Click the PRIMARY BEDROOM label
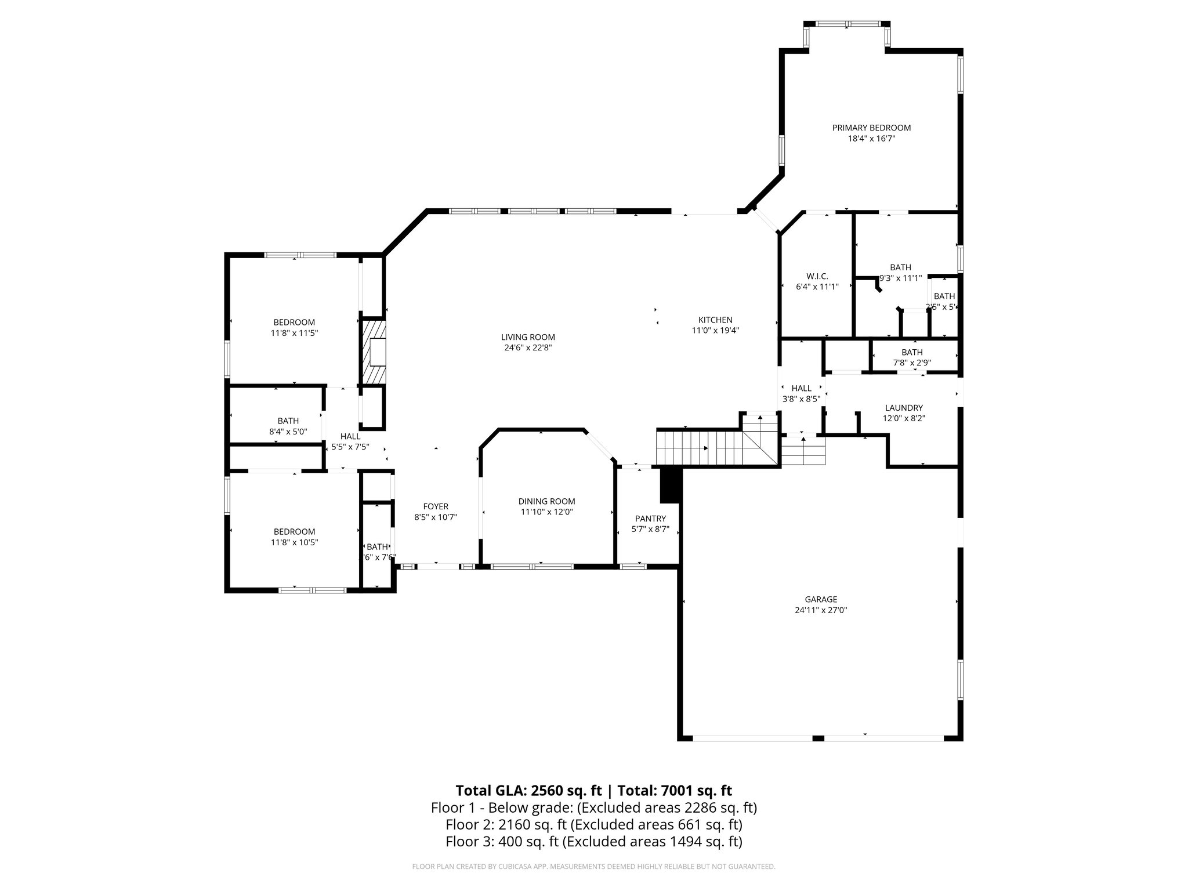click(x=871, y=128)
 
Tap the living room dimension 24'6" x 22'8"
click(x=528, y=348)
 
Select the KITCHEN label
click(x=715, y=320)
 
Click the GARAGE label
click(x=821, y=599)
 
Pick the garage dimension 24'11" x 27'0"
click(x=821, y=610)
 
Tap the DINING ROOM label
click(x=546, y=501)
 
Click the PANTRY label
click(x=650, y=518)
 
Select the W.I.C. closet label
click(x=817, y=276)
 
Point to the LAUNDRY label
click(x=904, y=408)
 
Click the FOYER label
click(x=436, y=506)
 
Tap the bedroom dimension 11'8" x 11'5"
click(x=294, y=333)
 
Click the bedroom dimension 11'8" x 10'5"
click(x=294, y=542)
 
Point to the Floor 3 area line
click(x=593, y=841)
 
